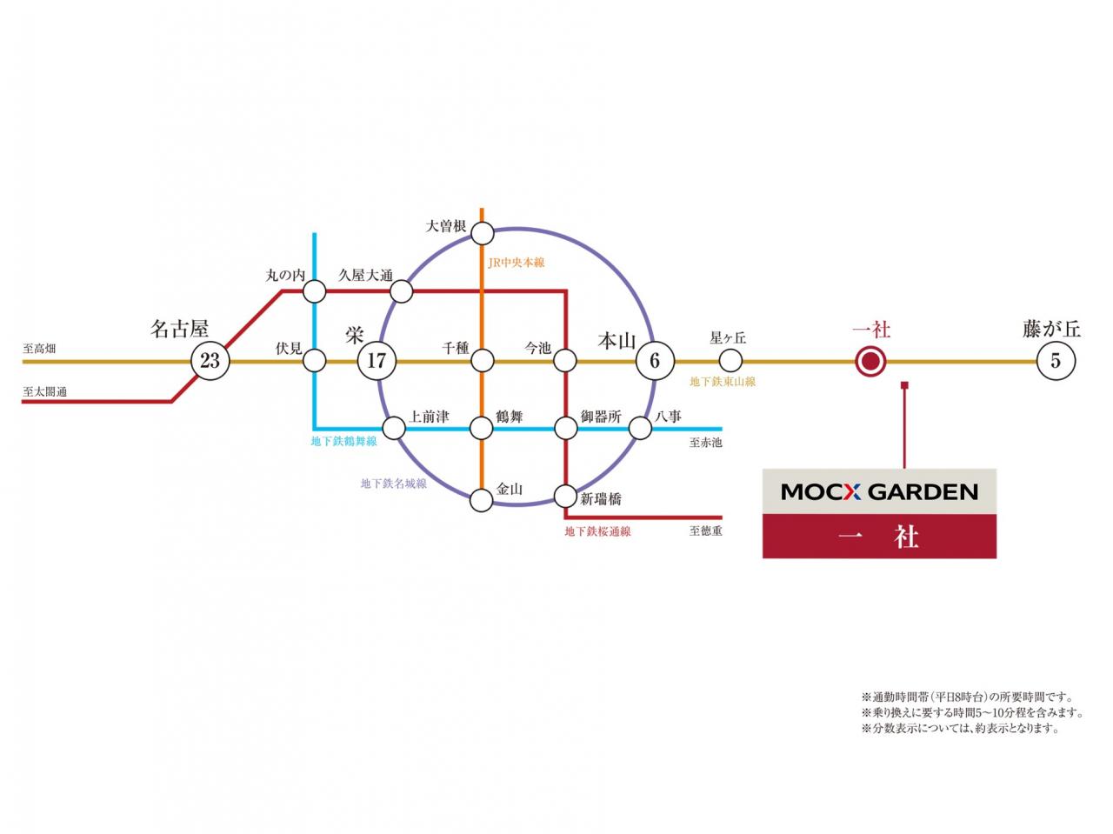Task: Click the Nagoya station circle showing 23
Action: point(210,360)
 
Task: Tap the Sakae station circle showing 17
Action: point(377,360)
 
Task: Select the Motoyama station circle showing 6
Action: point(655,360)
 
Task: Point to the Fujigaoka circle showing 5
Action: point(1056,360)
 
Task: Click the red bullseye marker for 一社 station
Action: point(870,360)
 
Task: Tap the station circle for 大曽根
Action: point(482,233)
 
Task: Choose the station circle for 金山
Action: point(482,500)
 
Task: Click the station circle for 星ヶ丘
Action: point(730,360)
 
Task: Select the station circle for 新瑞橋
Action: point(566,497)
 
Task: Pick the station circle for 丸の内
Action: point(315,290)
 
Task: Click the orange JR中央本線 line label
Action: point(517,262)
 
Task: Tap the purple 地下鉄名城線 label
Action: point(394,484)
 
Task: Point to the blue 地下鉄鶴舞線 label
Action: point(344,441)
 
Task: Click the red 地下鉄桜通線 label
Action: point(597,531)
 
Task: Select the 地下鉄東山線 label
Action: point(723,382)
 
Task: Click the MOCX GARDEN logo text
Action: point(879,492)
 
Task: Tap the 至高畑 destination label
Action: point(39,349)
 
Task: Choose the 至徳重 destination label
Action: point(705,530)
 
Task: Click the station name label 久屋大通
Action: point(365,276)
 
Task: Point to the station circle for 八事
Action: point(640,428)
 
